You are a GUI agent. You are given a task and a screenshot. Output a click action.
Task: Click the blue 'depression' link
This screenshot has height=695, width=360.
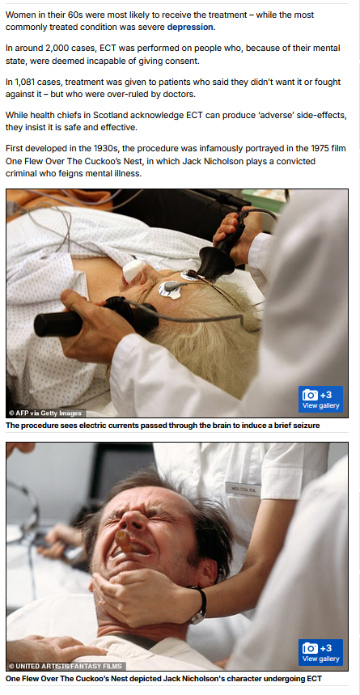click(190, 27)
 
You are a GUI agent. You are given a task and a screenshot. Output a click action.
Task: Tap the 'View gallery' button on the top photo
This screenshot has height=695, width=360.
click(320, 400)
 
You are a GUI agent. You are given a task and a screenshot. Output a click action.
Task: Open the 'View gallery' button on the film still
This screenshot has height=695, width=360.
click(320, 652)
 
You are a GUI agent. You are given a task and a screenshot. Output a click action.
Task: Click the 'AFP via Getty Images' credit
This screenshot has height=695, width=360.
click(46, 413)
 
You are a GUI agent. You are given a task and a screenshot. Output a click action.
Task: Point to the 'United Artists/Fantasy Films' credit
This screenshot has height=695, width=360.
click(66, 666)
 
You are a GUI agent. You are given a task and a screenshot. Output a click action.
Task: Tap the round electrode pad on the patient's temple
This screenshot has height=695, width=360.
click(169, 290)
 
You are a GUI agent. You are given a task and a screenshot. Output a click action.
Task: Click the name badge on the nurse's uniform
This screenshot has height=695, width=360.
click(243, 489)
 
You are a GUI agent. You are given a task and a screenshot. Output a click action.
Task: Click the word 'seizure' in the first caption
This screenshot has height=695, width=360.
click(307, 426)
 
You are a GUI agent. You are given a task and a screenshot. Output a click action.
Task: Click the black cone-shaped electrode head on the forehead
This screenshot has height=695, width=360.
click(216, 263)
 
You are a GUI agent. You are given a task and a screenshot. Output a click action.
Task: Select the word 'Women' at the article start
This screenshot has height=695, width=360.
click(19, 15)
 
